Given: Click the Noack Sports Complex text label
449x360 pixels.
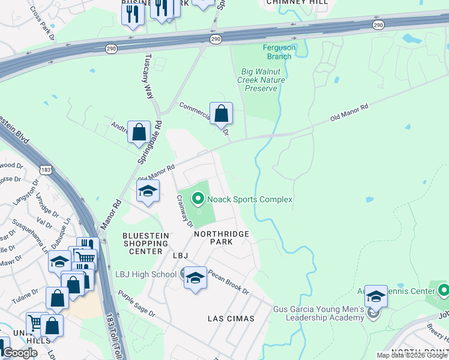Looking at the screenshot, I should [250, 199].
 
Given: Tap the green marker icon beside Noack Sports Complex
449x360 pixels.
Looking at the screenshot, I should [197, 197].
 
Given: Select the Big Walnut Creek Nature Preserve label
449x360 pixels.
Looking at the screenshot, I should [261, 80].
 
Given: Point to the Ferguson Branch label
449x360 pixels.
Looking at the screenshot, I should [277, 52].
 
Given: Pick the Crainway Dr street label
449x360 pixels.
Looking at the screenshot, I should [183, 211].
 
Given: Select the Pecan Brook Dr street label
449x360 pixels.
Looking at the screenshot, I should [228, 281].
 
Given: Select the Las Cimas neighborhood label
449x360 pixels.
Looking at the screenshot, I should [231, 318].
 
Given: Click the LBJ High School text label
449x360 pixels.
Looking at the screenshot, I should [146, 274].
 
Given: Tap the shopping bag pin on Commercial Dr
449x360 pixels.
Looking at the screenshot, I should [221, 113].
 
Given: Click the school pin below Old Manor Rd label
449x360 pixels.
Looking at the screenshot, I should [147, 192].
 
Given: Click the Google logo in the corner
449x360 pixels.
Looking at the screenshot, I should [20, 353].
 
